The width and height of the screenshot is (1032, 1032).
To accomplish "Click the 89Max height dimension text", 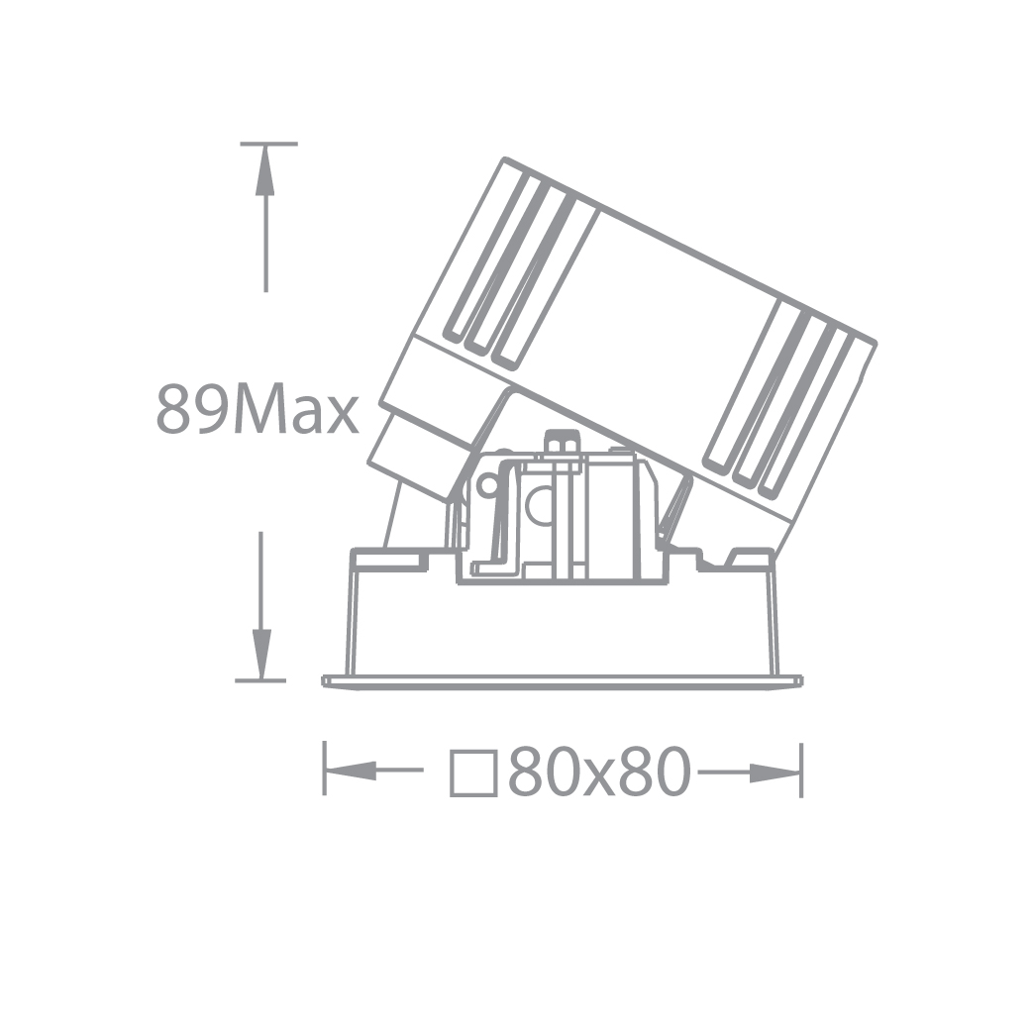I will tap(258, 410).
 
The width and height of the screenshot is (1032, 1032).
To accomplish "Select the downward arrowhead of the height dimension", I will tap(261, 654).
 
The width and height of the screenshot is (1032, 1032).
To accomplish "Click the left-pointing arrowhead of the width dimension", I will tap(352, 770).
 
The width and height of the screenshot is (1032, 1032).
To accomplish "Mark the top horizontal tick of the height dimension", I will tap(267, 145).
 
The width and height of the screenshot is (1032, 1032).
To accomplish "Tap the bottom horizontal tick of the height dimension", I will tap(259, 680).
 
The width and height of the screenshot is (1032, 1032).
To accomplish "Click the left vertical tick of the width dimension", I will tap(324, 770).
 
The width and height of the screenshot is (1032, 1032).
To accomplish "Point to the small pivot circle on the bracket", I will tap(487, 485).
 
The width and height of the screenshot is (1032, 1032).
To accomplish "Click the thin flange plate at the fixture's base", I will tap(562, 680).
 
